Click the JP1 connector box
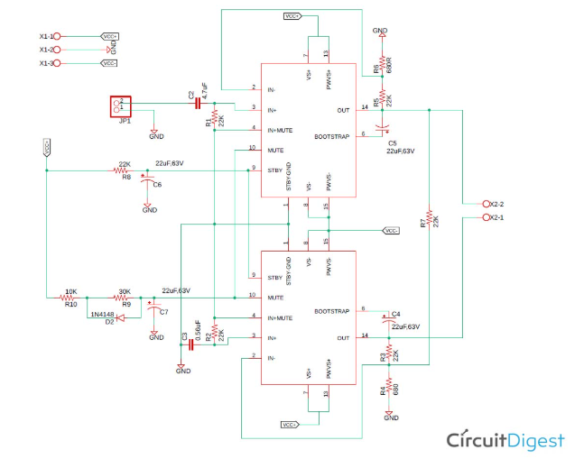pos(121,106)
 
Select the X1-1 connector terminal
pos(57,36)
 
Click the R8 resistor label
pos(125,178)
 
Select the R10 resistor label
pos(70,305)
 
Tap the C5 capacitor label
pos(392,142)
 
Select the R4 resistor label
pos(383,390)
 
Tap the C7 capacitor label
pos(162,312)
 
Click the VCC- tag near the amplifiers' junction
pos(391,231)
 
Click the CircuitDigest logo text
pos(505,440)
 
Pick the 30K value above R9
pos(125,291)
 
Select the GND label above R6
pos(380,30)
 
